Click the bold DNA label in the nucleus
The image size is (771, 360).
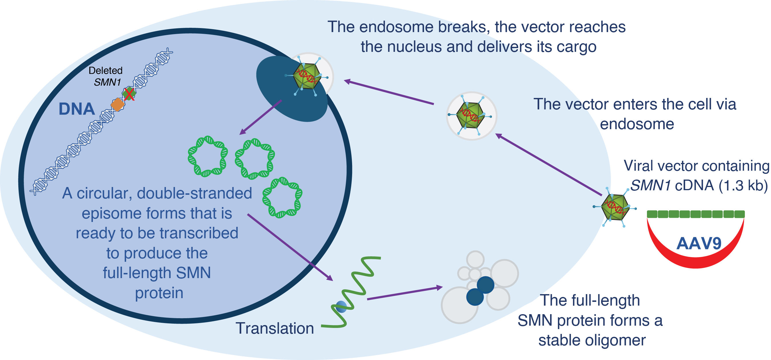tap(76, 109)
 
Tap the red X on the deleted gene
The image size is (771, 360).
tap(129, 94)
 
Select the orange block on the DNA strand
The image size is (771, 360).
tap(118, 105)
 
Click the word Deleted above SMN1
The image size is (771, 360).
tap(106, 70)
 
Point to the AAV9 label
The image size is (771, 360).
tap(699, 243)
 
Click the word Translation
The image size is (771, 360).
tap(275, 328)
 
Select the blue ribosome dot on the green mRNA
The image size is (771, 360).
tap(341, 307)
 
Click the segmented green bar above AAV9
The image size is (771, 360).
tap(696, 214)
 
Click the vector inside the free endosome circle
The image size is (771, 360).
tap(470, 115)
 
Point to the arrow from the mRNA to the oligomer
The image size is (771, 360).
tap(405, 293)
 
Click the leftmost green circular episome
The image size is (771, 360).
tap(208, 156)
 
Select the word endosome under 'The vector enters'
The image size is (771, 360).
tap(637, 124)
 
